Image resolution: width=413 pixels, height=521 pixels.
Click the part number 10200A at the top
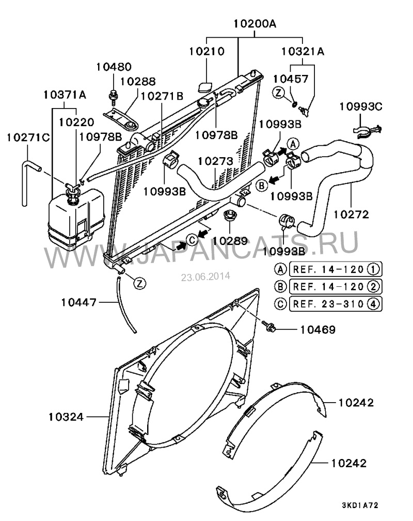[x=255, y=24]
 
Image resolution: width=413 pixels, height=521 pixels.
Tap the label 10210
[x=207, y=51]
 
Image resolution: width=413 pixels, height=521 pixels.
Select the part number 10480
[x=114, y=67]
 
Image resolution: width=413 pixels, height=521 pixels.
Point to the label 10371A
[x=65, y=95]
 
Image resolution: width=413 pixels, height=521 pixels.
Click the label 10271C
[x=28, y=137]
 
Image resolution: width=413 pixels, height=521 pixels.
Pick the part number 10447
[x=78, y=302]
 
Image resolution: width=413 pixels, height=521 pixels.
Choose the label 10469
[x=317, y=330]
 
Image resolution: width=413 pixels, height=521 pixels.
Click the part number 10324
[x=66, y=417]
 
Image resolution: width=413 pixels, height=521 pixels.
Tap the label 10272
[x=351, y=214]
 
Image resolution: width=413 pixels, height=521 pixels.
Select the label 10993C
[x=360, y=106]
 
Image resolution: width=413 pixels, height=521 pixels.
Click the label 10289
[x=230, y=241]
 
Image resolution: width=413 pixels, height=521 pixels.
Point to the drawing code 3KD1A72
[x=360, y=505]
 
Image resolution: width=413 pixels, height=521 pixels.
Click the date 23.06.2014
[x=205, y=277]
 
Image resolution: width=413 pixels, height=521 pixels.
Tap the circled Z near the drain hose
[x=140, y=283]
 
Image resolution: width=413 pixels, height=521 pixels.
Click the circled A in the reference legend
[x=280, y=269]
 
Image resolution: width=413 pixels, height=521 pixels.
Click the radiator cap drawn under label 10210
[x=206, y=86]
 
